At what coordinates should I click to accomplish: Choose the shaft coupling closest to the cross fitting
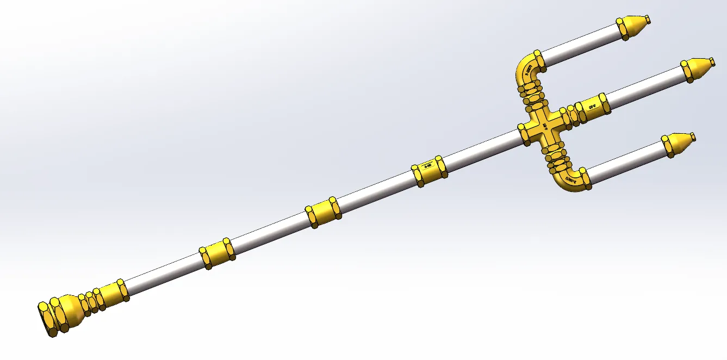[x=429, y=170]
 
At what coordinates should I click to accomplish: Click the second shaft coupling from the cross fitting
[x=323, y=212]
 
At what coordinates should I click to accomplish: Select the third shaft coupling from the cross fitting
[x=217, y=253]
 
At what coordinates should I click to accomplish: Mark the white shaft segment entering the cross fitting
[x=484, y=149]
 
